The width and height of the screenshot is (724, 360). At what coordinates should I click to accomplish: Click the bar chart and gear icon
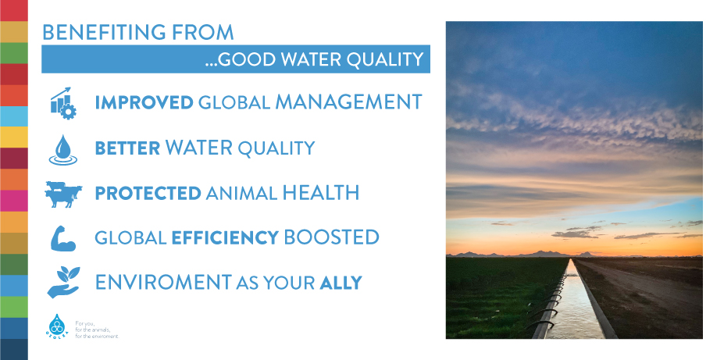(x=63, y=103)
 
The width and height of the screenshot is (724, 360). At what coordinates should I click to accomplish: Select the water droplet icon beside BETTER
(x=62, y=150)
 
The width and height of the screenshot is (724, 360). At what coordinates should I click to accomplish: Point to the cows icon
(x=63, y=194)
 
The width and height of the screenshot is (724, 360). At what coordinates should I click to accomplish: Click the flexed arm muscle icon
(x=62, y=238)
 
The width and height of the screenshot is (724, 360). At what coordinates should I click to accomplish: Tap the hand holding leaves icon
(x=63, y=282)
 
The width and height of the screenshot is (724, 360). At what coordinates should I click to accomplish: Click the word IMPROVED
(x=144, y=102)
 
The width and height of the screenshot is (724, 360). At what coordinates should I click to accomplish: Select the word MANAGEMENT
(x=348, y=102)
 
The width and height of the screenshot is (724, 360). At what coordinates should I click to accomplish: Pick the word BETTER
(x=127, y=148)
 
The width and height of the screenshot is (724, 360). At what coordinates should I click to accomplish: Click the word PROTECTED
(x=148, y=193)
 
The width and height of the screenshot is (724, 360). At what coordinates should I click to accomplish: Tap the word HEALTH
(x=320, y=192)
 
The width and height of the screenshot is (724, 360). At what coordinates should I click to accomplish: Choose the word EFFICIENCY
(x=225, y=237)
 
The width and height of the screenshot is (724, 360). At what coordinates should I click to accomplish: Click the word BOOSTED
(x=331, y=237)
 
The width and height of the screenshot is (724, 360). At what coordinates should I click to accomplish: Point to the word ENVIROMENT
(x=163, y=282)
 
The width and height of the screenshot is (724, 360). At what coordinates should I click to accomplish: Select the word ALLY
(x=341, y=283)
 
